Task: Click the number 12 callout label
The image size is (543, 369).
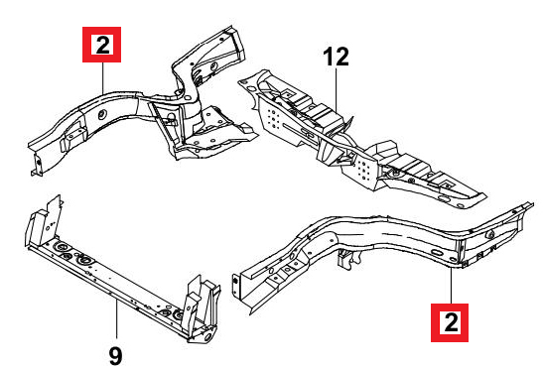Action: pos(337,57)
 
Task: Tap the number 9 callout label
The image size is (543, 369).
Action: pos(115,356)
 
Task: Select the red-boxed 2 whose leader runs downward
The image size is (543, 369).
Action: pos(102,45)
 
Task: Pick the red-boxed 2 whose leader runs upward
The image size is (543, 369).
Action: pos(450,322)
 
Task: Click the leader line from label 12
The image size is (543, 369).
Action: pos(337,89)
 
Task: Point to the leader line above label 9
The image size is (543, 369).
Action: pos(117,319)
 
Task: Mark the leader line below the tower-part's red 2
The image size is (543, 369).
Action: pos(103,77)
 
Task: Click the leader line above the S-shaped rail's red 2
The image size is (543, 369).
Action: pos(451,286)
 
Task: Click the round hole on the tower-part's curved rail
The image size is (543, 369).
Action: pos(102,114)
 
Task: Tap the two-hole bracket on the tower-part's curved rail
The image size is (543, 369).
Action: pos(73,138)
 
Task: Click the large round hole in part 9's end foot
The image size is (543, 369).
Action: pos(207,337)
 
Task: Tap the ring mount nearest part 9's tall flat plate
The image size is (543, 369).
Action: pos(62,247)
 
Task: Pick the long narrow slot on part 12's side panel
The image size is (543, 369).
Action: pos(300,133)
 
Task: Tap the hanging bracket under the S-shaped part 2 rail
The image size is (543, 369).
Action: pos(348,259)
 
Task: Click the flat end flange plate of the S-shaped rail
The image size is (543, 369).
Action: pos(236,287)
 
